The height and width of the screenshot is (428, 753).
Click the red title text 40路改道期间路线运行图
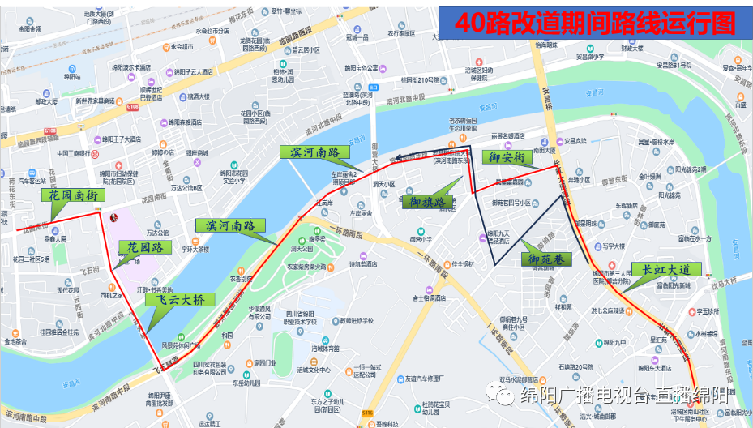(595, 24)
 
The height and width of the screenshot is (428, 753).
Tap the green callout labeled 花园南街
(74, 195)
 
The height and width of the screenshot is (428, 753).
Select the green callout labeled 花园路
(145, 247)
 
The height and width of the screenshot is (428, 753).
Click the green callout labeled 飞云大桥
(181, 299)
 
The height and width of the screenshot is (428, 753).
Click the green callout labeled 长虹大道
(666, 269)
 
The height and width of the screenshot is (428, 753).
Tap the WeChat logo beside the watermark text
(505, 396)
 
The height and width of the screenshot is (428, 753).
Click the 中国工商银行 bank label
(77, 152)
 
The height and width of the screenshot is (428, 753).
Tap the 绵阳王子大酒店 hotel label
(119, 139)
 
